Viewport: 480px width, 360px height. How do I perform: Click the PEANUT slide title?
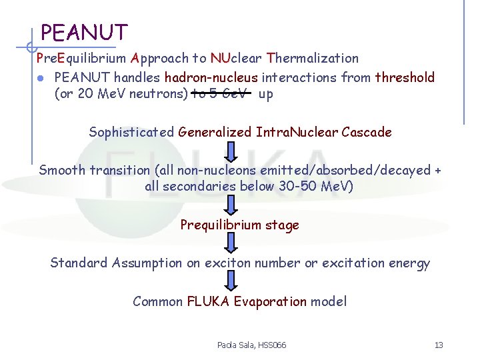coord(84,32)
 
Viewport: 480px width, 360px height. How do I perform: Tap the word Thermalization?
coord(313,59)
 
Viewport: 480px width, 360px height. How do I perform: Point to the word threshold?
coord(405,77)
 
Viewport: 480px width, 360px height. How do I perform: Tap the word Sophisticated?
coord(131,132)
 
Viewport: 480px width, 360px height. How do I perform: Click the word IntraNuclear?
coord(297,132)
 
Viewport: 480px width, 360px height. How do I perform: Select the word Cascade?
coord(367,132)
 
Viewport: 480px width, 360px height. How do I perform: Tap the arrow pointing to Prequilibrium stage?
coord(231,205)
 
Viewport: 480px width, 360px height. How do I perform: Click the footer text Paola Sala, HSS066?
coord(251,345)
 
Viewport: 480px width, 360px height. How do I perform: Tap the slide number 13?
coord(438,345)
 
